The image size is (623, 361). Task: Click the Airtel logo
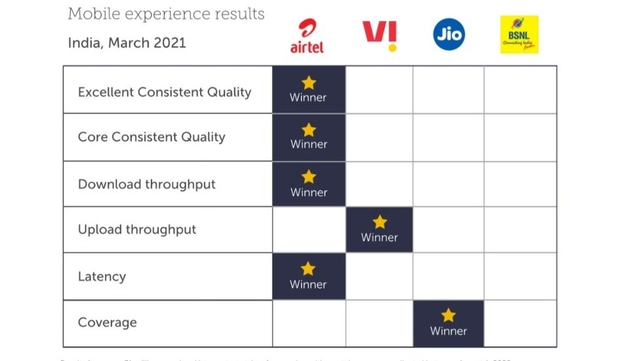click(x=307, y=35)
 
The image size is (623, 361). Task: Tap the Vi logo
click(x=380, y=35)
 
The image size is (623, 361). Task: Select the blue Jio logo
click(x=449, y=34)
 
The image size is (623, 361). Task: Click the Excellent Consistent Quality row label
click(x=165, y=92)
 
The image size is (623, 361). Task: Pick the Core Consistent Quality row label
click(x=151, y=137)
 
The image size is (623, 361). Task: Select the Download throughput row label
click(x=147, y=184)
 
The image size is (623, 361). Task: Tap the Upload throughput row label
click(x=137, y=230)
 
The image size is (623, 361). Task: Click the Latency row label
click(x=102, y=276)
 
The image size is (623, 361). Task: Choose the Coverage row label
click(x=108, y=323)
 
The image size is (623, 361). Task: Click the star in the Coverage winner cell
click(x=449, y=315)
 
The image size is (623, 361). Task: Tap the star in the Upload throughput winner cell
click(x=380, y=222)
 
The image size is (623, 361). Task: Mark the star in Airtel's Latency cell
click(x=308, y=268)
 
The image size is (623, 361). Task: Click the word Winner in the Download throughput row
click(x=308, y=192)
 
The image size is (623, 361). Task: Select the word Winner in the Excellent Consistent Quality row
click(x=308, y=97)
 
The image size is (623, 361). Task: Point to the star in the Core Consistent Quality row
click(x=308, y=129)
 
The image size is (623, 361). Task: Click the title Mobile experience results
click(x=166, y=14)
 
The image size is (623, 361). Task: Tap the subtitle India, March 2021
click(x=127, y=43)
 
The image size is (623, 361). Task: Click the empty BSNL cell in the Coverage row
click(x=520, y=324)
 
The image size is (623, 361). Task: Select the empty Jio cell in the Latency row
click(x=449, y=276)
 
